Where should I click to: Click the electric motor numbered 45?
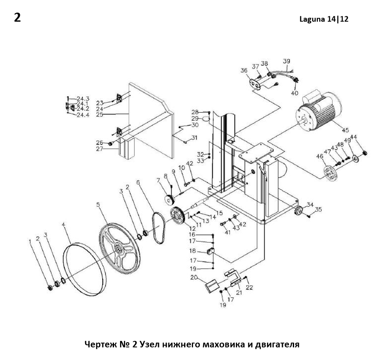point(318,111)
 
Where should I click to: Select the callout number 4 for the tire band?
point(63,224)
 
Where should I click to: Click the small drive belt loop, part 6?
point(158,227)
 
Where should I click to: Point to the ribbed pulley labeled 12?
point(177,215)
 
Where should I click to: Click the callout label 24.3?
point(83,98)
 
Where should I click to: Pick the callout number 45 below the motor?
point(345,130)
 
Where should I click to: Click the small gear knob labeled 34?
point(298,211)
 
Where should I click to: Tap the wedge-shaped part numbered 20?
point(212,286)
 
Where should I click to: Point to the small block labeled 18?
point(211,251)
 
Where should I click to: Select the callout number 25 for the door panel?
point(100,115)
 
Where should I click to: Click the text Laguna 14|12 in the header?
point(324,19)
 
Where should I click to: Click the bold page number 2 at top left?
point(17,18)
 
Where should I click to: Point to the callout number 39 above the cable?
point(286,61)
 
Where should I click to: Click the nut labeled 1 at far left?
point(50,288)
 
